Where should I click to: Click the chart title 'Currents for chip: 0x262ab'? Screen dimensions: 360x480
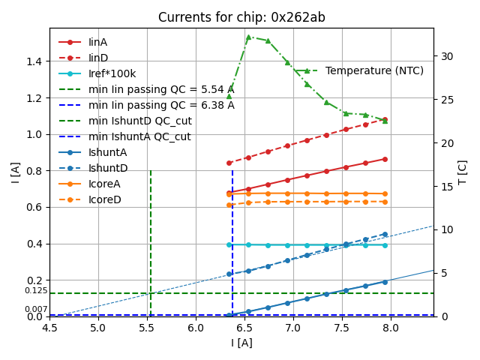pos(241,17)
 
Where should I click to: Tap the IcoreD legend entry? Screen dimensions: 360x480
pos(104,199)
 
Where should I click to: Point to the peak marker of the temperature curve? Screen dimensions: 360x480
pos(248,37)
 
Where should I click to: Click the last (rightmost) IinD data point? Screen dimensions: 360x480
pos(385,119)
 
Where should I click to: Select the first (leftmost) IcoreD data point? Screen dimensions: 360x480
pos(229,205)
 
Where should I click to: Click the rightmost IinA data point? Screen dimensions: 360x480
pos(385,159)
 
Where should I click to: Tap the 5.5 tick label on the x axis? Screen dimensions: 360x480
pos(147,328)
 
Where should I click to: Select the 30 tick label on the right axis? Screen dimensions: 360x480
pos(445,56)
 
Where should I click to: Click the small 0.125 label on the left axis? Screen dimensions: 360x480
pos(36,290)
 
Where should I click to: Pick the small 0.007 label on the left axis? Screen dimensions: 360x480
pos(36,309)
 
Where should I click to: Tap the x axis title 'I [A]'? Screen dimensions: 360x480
pos(241,343)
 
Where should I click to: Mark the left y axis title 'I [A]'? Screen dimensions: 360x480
pos(15,172)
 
